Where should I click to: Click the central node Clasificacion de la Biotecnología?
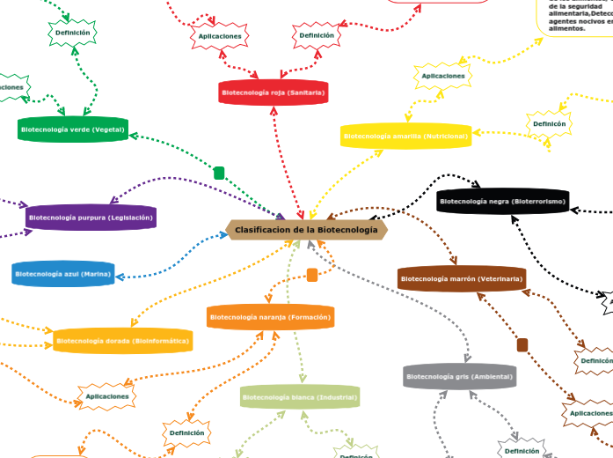pyautogui.click(x=307, y=229)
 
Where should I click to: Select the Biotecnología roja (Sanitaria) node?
pyautogui.click(x=274, y=92)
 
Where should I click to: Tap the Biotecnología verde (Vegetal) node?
pyautogui.click(x=72, y=129)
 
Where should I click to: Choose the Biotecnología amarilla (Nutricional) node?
pyautogui.click(x=406, y=137)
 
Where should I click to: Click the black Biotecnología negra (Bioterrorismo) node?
pyautogui.click(x=502, y=202)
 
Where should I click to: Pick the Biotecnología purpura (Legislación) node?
pyautogui.click(x=91, y=217)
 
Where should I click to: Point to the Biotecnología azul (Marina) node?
pyautogui.click(x=63, y=275)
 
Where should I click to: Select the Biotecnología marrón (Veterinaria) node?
pyautogui.click(x=462, y=279)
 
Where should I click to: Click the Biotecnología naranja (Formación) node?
pyautogui.click(x=271, y=316)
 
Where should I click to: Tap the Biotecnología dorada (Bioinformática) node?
pyautogui.click(x=122, y=340)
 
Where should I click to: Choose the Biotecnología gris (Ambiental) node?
pyautogui.click(x=460, y=377)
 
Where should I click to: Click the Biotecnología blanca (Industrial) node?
pyautogui.click(x=300, y=398)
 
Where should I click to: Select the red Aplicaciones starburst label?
pyautogui.click(x=220, y=36)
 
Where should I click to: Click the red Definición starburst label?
pyautogui.click(x=317, y=36)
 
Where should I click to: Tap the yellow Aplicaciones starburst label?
pyautogui.click(x=443, y=77)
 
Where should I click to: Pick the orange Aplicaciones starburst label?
pyautogui.click(x=107, y=396)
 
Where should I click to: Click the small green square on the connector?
pyautogui.click(x=219, y=173)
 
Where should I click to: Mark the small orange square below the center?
pyautogui.click(x=312, y=275)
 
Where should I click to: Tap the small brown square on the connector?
pyautogui.click(x=522, y=344)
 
